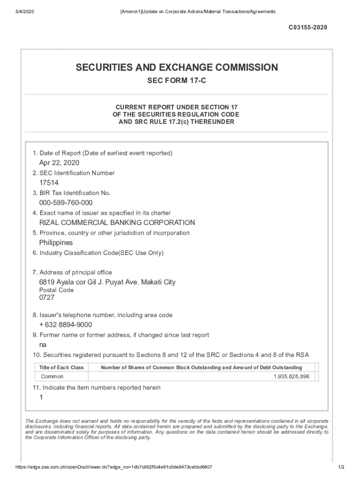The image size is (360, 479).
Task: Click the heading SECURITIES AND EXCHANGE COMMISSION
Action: coord(177,68)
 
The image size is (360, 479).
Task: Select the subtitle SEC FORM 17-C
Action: coord(177,81)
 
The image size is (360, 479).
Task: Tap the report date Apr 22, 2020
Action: coord(59,163)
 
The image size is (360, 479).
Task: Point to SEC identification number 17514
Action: coord(49,183)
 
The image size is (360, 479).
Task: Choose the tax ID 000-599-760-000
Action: coord(66,203)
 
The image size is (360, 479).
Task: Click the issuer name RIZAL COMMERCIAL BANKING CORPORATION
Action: coord(117,223)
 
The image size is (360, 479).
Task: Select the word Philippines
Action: coord(56,243)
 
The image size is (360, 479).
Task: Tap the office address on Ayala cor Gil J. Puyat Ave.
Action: coord(107,282)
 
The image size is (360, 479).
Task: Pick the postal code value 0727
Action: coord(47,298)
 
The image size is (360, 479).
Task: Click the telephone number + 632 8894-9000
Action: coord(65,325)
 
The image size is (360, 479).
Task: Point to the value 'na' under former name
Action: coord(43,345)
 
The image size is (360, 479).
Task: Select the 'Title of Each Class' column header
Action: coord(62,368)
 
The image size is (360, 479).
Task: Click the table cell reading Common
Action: coord(52,377)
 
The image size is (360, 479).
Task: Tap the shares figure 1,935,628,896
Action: coord(291,377)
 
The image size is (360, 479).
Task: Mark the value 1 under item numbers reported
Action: coord(41,397)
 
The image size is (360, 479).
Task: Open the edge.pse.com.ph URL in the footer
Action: coord(114,467)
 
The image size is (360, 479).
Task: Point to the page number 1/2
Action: coord(341,467)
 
